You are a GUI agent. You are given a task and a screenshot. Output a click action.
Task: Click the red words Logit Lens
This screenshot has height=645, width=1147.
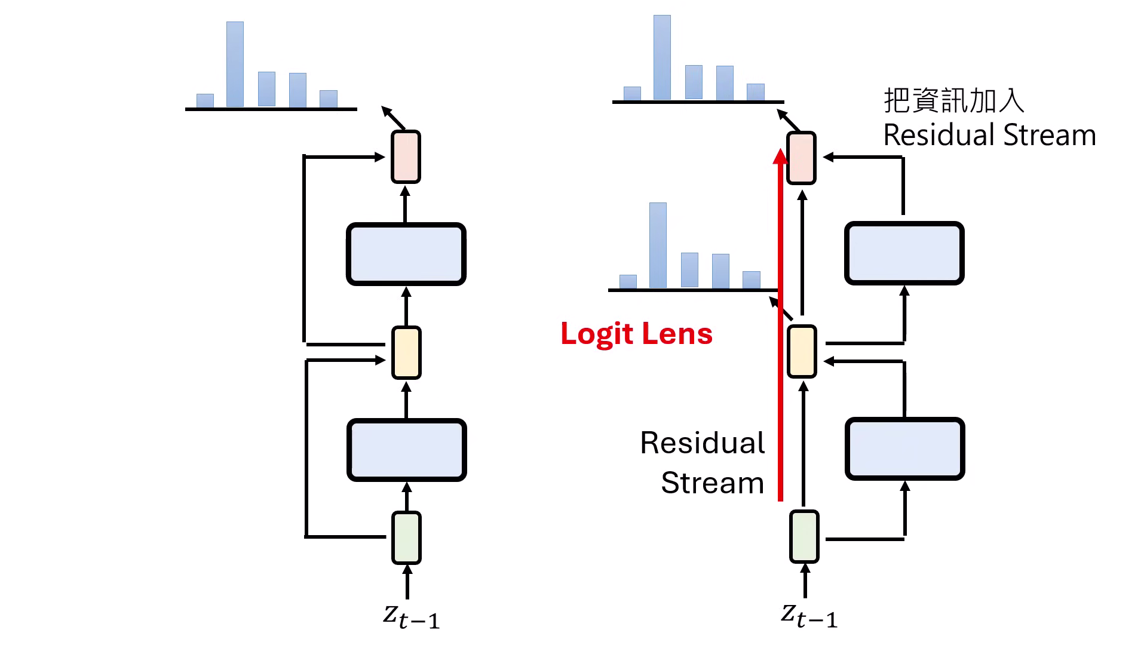click(636, 334)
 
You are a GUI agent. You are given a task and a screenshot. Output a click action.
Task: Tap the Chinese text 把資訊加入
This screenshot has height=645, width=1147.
click(953, 100)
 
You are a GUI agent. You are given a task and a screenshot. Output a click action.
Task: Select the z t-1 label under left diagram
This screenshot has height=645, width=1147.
click(411, 616)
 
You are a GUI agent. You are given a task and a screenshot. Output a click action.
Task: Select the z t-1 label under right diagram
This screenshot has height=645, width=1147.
click(809, 616)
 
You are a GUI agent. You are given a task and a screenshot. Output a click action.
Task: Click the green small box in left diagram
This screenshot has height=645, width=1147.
click(406, 537)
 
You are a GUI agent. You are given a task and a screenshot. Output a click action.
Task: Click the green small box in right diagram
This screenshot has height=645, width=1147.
click(804, 536)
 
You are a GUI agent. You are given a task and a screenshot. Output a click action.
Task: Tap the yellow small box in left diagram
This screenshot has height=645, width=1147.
click(406, 352)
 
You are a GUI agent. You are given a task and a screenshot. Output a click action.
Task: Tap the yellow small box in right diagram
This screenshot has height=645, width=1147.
click(802, 351)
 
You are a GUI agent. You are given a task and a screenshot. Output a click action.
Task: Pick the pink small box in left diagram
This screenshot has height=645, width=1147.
click(406, 156)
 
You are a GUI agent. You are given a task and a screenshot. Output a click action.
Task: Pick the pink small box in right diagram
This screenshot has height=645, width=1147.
click(801, 158)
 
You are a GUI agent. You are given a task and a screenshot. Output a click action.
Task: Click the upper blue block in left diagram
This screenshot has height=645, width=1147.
click(406, 254)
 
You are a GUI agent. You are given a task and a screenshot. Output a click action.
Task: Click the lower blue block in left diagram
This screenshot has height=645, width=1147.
click(407, 450)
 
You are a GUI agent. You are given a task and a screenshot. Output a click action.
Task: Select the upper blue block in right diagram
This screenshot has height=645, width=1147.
click(904, 253)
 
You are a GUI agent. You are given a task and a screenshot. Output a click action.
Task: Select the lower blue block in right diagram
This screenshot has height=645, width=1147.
click(904, 449)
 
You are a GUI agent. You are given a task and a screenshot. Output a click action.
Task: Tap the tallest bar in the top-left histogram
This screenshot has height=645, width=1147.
click(235, 64)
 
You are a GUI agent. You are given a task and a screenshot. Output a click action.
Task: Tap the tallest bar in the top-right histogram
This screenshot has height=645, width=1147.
click(662, 57)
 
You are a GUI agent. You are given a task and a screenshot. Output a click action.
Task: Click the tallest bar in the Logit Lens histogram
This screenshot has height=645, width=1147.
click(658, 245)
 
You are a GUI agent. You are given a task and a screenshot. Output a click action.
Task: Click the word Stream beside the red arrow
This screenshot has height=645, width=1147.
click(712, 483)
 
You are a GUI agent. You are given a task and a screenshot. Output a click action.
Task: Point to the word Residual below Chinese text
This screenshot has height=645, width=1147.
click(939, 135)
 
